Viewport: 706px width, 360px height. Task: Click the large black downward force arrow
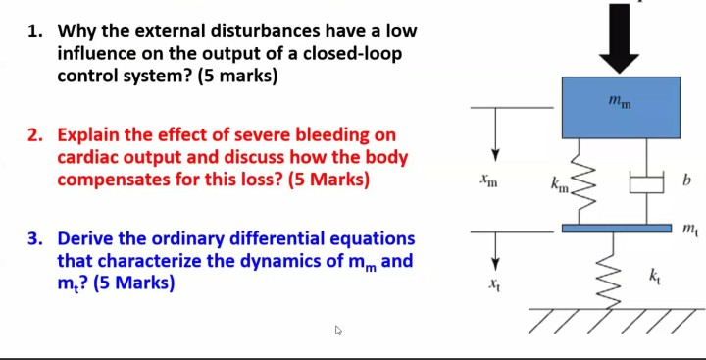622,39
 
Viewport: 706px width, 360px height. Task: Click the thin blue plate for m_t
622,229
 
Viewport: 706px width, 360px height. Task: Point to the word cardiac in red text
92,158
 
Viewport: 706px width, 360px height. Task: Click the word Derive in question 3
89,238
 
